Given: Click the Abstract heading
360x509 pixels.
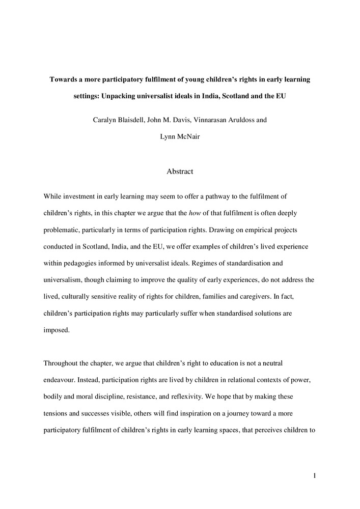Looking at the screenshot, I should pyautogui.click(x=180, y=172).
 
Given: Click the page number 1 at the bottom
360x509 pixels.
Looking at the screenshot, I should pyautogui.click(x=315, y=476).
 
